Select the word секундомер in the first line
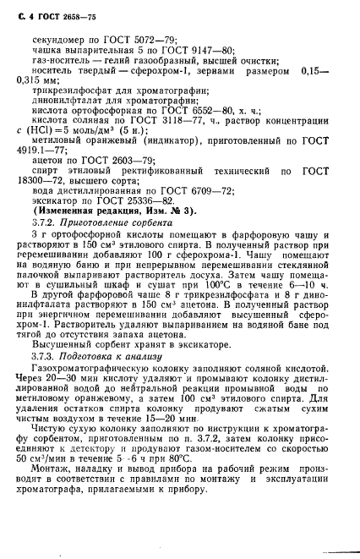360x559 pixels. tap(57, 38)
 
